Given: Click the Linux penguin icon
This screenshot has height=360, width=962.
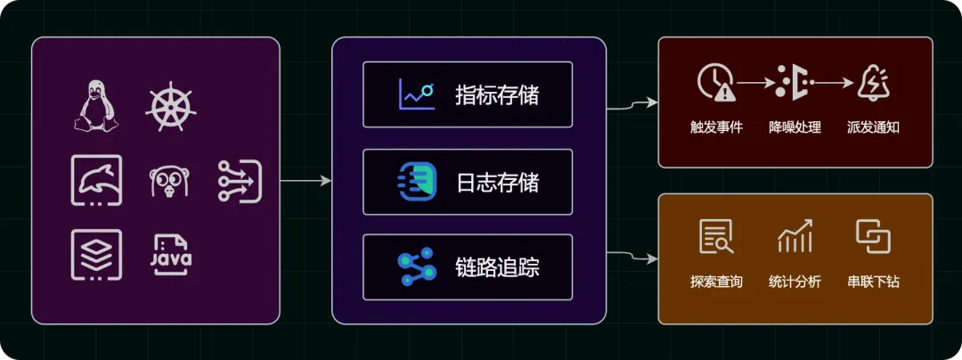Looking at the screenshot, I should (95, 105).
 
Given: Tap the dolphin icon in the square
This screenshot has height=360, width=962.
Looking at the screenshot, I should (96, 180).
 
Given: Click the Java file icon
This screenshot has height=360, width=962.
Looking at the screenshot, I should (169, 254).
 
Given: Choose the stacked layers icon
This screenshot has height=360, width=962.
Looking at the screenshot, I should (96, 254).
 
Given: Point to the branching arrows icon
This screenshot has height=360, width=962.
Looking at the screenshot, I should (240, 181).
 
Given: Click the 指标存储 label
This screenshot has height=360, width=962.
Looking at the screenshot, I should (497, 94).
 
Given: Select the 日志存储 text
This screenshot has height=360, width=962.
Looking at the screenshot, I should (497, 183).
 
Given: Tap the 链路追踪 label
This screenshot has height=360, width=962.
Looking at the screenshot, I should (497, 266).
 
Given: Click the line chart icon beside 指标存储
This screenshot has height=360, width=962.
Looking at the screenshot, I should (417, 94).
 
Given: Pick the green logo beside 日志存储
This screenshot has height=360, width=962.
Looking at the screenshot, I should (417, 182).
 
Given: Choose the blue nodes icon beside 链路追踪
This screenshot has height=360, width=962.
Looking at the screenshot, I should (416, 266).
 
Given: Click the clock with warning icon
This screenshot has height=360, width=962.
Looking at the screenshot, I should (715, 83).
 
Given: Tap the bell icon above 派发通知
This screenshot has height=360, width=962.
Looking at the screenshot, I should (873, 83).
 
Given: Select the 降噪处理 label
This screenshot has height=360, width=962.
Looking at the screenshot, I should (795, 127).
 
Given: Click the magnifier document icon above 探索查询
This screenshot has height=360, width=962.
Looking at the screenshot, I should (715, 236).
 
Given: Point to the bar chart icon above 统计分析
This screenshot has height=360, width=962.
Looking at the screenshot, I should (795, 236).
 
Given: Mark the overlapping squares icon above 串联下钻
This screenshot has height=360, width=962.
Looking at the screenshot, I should (873, 236).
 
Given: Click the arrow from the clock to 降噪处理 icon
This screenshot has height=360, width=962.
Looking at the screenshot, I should (754, 83).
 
